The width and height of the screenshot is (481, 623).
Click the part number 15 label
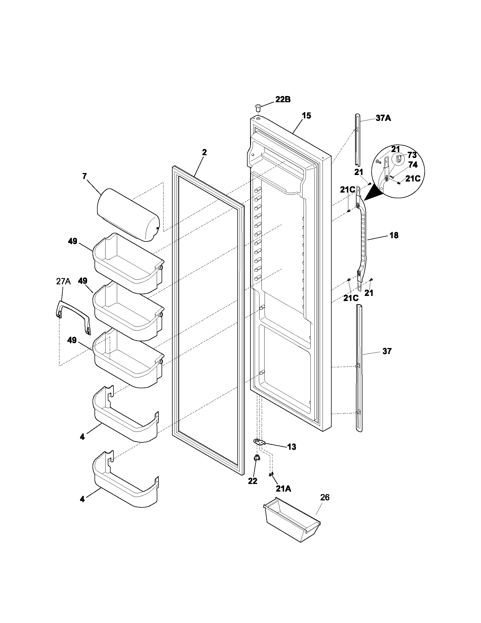[307, 116]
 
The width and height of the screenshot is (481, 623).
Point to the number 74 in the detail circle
[413, 165]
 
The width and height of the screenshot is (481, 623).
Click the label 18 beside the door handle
[394, 235]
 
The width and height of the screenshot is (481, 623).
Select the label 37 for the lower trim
[387, 351]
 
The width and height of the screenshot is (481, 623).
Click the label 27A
[63, 281]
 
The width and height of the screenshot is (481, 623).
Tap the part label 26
[325, 498]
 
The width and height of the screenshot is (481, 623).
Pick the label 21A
[283, 489]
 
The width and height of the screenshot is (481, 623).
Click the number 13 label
[292, 447]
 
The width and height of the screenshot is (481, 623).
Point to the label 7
[84, 176]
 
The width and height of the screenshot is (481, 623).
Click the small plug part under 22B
[258, 108]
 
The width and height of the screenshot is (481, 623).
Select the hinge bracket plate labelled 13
[259, 442]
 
